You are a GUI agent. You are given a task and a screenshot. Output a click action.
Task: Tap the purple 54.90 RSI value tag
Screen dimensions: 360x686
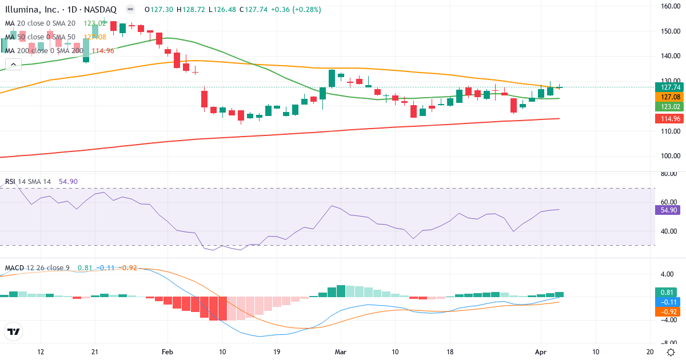point(665,210)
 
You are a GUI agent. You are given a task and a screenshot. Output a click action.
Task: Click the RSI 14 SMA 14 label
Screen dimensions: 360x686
point(28,182)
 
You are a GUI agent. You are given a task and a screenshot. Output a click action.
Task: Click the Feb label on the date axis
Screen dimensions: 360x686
point(167,352)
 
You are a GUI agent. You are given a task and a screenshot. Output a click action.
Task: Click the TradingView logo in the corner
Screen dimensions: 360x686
point(14,331)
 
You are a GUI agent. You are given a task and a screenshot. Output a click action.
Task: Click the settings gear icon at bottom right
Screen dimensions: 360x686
point(670,352)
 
